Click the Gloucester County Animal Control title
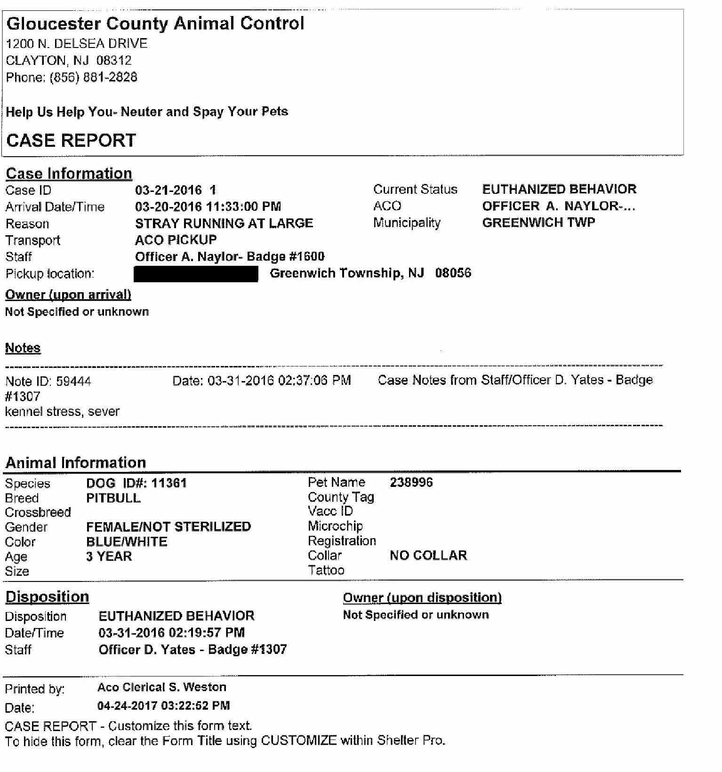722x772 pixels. tap(155, 24)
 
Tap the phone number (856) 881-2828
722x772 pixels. tap(94, 77)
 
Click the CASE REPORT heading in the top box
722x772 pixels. tap(71, 140)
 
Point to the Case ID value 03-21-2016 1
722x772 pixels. tap(176, 190)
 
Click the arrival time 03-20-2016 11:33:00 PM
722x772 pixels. tap(208, 207)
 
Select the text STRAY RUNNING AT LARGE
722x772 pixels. tap(224, 223)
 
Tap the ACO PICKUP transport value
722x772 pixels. tap(176, 240)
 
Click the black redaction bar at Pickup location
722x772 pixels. tap(196, 274)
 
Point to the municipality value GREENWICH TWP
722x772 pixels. tap(538, 223)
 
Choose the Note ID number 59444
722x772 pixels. tap(73, 381)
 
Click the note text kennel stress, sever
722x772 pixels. tap(62, 412)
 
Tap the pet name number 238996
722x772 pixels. tap(411, 482)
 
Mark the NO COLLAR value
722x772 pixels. tap(428, 555)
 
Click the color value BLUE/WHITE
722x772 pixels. tap(127, 541)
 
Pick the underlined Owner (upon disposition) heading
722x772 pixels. tap(422, 597)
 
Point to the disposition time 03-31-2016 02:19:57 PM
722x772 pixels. tap(171, 633)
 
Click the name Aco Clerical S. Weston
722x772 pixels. tap(162, 687)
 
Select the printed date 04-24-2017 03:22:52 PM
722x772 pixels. tap(163, 706)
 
